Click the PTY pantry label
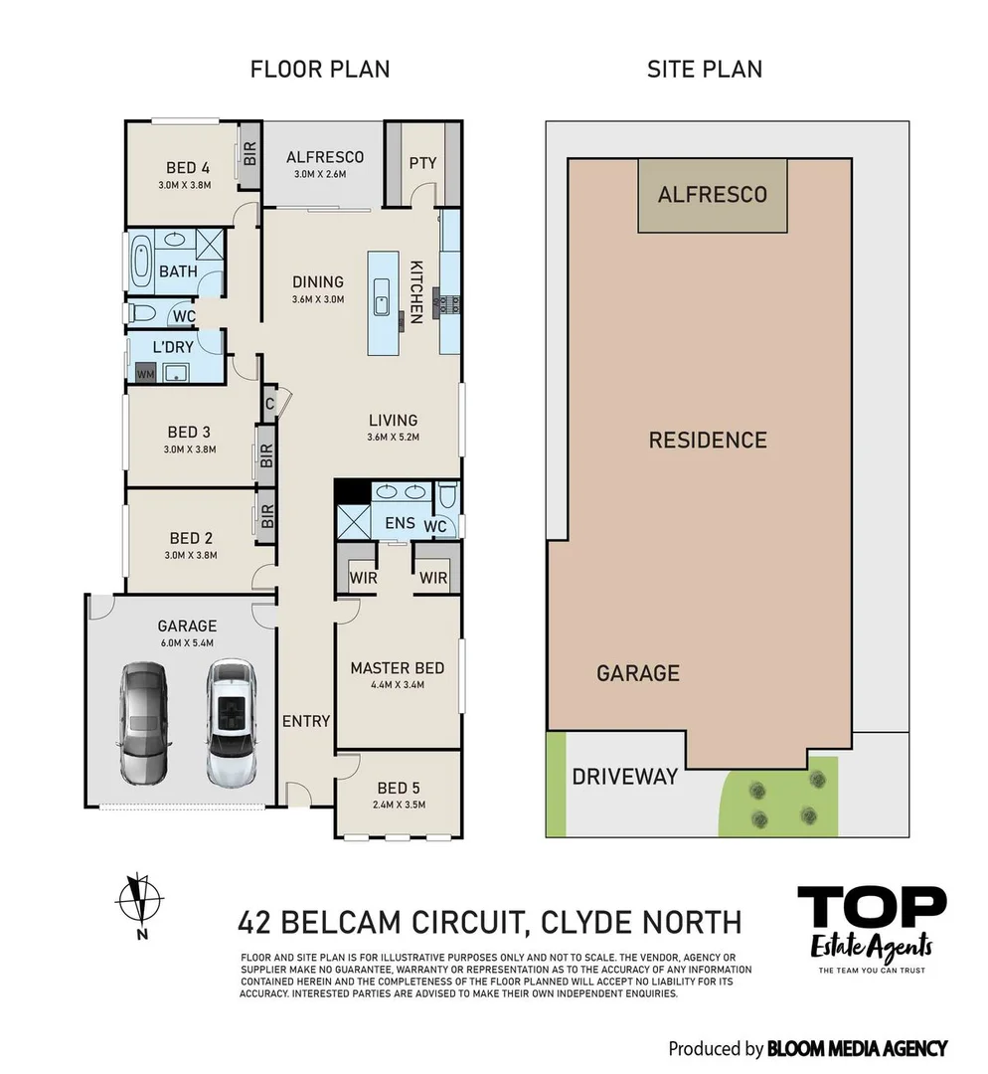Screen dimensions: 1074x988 pos(422,163)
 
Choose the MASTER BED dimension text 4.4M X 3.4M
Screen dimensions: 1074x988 pos(397,685)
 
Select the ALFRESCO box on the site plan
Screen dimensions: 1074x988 pos(713,195)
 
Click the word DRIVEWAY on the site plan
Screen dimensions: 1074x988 pos(624,777)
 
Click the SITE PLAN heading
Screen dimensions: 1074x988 pos(704,69)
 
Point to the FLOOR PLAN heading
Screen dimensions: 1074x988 pos(320,69)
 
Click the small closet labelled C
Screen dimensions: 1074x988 pos(269,404)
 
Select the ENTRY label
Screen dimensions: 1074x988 pos(305,721)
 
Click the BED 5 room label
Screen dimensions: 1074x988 pos(392,788)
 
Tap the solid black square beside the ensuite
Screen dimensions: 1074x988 pos(351,491)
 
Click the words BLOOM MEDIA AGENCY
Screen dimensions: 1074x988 pos(857,1048)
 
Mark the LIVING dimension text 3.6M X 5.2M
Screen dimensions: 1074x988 pos(394,437)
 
